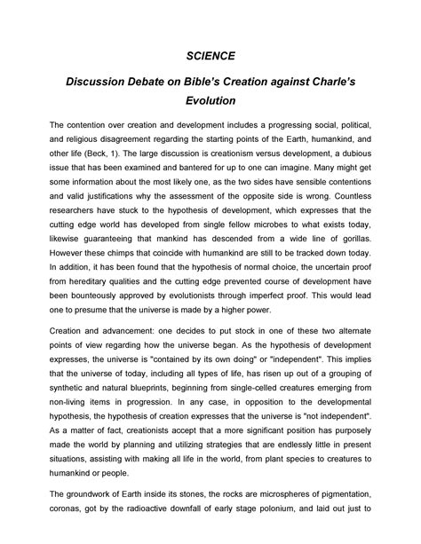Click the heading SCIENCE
[x=210, y=55]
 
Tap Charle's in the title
[x=329, y=82]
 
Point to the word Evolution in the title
[x=210, y=100]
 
